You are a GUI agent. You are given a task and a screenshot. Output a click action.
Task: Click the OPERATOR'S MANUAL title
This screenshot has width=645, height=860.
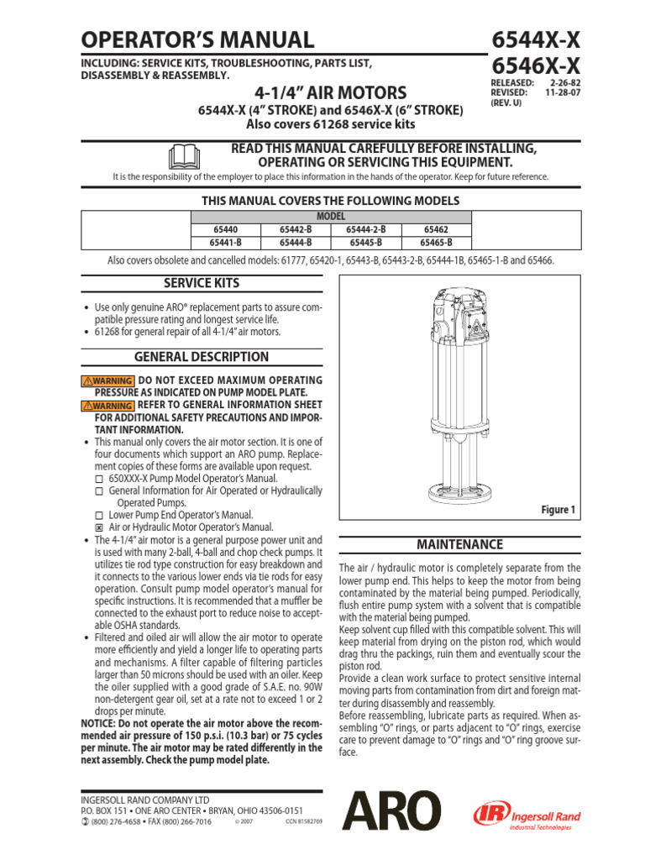[197, 39]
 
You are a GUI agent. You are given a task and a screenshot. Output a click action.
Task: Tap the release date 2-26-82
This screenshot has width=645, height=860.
[562, 83]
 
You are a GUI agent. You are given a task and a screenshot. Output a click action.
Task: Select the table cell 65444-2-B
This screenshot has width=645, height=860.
[366, 228]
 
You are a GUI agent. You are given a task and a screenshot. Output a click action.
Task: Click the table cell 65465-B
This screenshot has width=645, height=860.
[436, 242]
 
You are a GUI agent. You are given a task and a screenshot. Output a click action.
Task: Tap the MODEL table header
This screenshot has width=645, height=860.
[330, 216]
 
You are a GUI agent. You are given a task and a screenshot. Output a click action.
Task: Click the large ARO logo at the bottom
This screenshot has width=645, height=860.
[391, 814]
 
